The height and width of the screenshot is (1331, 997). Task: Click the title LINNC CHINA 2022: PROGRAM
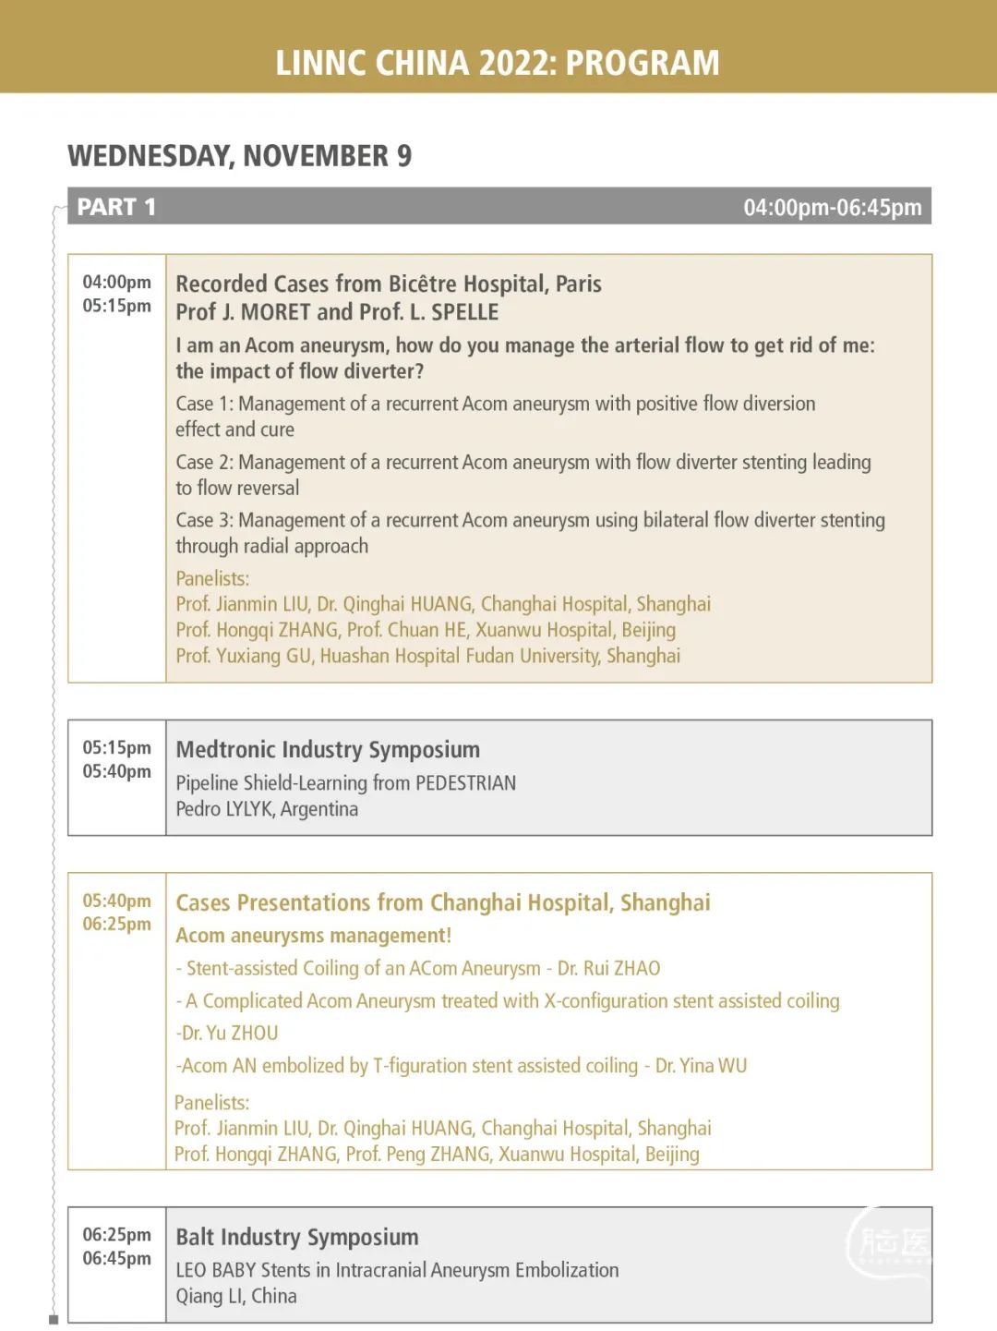(x=498, y=63)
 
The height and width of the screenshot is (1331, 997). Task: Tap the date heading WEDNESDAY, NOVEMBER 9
(x=239, y=156)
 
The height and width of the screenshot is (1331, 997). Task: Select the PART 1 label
(x=116, y=207)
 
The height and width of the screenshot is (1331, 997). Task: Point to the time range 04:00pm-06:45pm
(x=832, y=208)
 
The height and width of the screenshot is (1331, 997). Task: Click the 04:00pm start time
(x=116, y=282)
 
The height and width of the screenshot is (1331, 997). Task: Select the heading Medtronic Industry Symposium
(x=328, y=749)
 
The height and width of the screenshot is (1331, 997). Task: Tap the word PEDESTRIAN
(x=465, y=783)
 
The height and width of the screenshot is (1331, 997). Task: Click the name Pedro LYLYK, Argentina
(x=267, y=809)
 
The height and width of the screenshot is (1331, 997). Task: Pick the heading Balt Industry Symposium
(x=296, y=1237)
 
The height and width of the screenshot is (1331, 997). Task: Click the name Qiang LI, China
(x=236, y=1296)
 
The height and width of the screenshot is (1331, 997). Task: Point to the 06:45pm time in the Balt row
(x=116, y=1258)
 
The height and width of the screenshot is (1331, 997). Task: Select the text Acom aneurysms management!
(x=314, y=936)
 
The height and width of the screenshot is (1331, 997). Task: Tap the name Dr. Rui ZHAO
(x=609, y=968)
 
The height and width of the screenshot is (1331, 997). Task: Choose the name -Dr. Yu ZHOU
(x=227, y=1033)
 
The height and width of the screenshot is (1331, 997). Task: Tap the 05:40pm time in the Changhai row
(x=116, y=901)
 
